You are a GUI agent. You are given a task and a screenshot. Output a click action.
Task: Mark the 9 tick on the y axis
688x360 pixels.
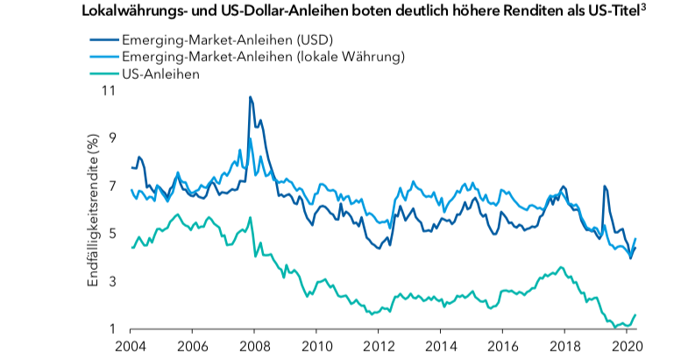coord(112,138)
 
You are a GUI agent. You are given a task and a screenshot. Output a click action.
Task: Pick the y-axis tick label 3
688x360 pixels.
coord(112,281)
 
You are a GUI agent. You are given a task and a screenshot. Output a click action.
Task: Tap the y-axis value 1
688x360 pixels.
coord(112,329)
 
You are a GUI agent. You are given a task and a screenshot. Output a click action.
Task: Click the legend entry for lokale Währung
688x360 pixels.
coord(263,57)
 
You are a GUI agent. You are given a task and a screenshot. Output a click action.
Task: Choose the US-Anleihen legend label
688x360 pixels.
coord(162,74)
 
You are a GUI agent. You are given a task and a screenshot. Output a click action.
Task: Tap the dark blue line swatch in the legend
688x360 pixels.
coord(104,40)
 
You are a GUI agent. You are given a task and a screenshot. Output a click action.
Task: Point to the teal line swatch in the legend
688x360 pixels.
coord(104,74)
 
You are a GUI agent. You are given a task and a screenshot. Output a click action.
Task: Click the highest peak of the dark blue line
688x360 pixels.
coord(251,97)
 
